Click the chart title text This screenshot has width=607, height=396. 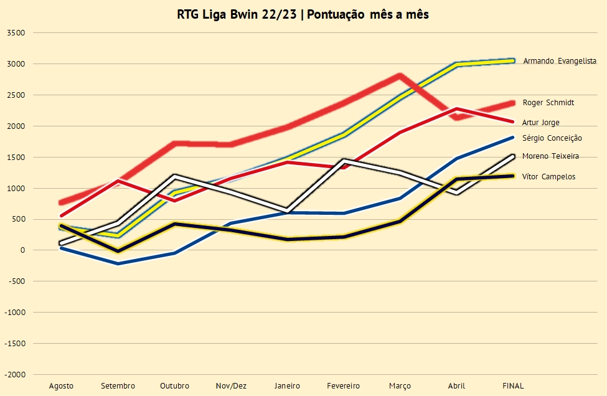click(x=303, y=14)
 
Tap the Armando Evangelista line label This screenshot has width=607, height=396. click(x=560, y=61)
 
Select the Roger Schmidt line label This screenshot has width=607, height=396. click(x=548, y=103)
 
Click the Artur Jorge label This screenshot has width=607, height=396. click(x=541, y=123)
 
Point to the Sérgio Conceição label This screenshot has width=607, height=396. click(x=552, y=138)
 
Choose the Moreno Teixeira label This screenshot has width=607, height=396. click(x=550, y=156)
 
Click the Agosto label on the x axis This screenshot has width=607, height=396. click(x=61, y=386)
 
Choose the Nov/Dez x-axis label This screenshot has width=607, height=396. click(x=230, y=386)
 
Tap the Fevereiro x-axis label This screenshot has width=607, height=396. click(x=344, y=386)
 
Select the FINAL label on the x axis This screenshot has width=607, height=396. click(x=513, y=386)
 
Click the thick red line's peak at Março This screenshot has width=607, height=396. click(x=400, y=75)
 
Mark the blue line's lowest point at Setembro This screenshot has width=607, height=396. click(x=118, y=263)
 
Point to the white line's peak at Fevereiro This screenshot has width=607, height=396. click(x=344, y=160)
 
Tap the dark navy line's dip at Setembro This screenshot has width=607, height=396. click(x=118, y=251)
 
